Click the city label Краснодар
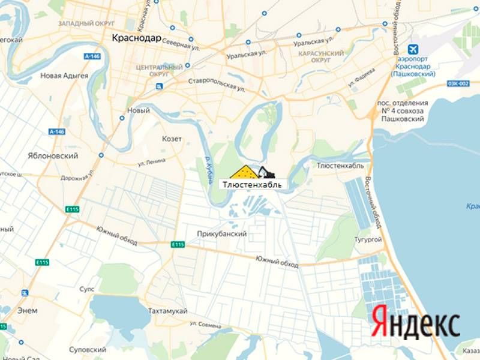pyautogui.click(x=136, y=38)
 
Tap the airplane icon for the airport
pyautogui.click(x=413, y=48)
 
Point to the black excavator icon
pyautogui.click(x=265, y=172)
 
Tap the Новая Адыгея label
pyautogui.click(x=64, y=76)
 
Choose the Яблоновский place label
pyautogui.click(x=53, y=155)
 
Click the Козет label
pyautogui.click(x=172, y=139)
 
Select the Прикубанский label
pyautogui.click(x=222, y=234)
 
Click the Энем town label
pyautogui.click(x=28, y=310)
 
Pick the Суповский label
pyautogui.click(x=87, y=349)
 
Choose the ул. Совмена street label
pyautogui.click(x=206, y=324)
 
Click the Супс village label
pyautogui.click(x=87, y=289)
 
